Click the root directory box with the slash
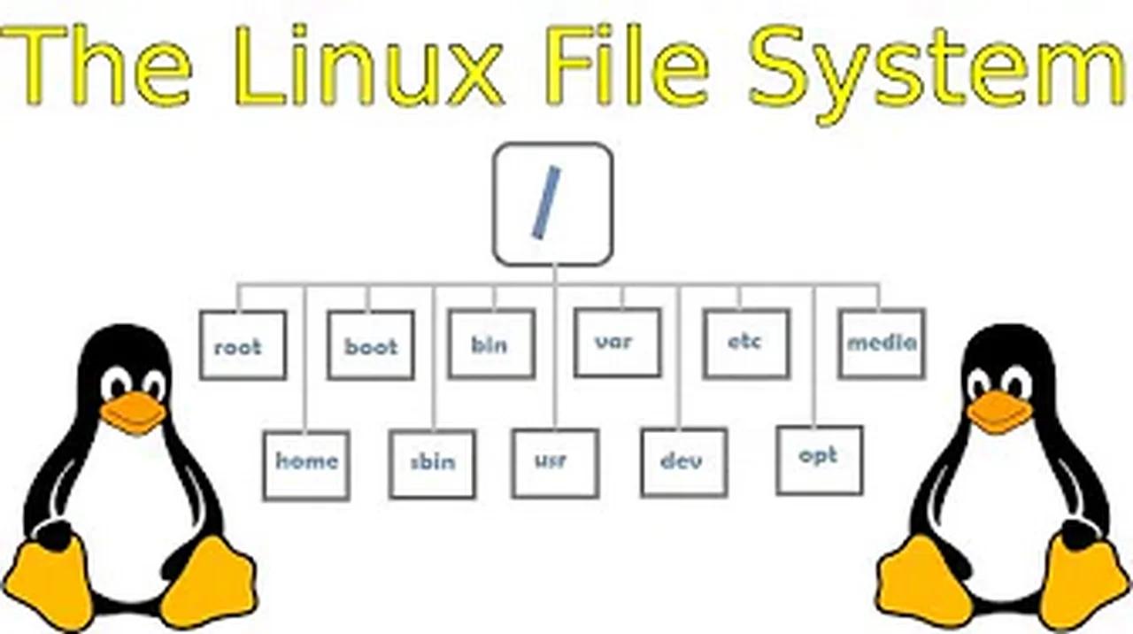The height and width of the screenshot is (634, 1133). point(552,205)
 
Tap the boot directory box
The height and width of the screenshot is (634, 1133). point(371,345)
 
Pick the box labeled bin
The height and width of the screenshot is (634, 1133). point(491,344)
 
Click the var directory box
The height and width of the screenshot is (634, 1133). point(617,342)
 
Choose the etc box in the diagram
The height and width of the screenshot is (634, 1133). point(746,344)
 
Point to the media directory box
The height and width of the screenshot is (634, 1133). point(882,344)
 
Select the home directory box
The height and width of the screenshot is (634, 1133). point(306,464)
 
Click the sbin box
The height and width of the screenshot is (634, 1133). point(433,464)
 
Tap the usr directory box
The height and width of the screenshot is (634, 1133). point(555,462)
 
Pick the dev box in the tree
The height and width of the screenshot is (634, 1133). point(684,462)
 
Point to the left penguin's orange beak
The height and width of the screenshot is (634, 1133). point(133,413)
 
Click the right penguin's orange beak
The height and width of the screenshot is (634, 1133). point(999,411)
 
